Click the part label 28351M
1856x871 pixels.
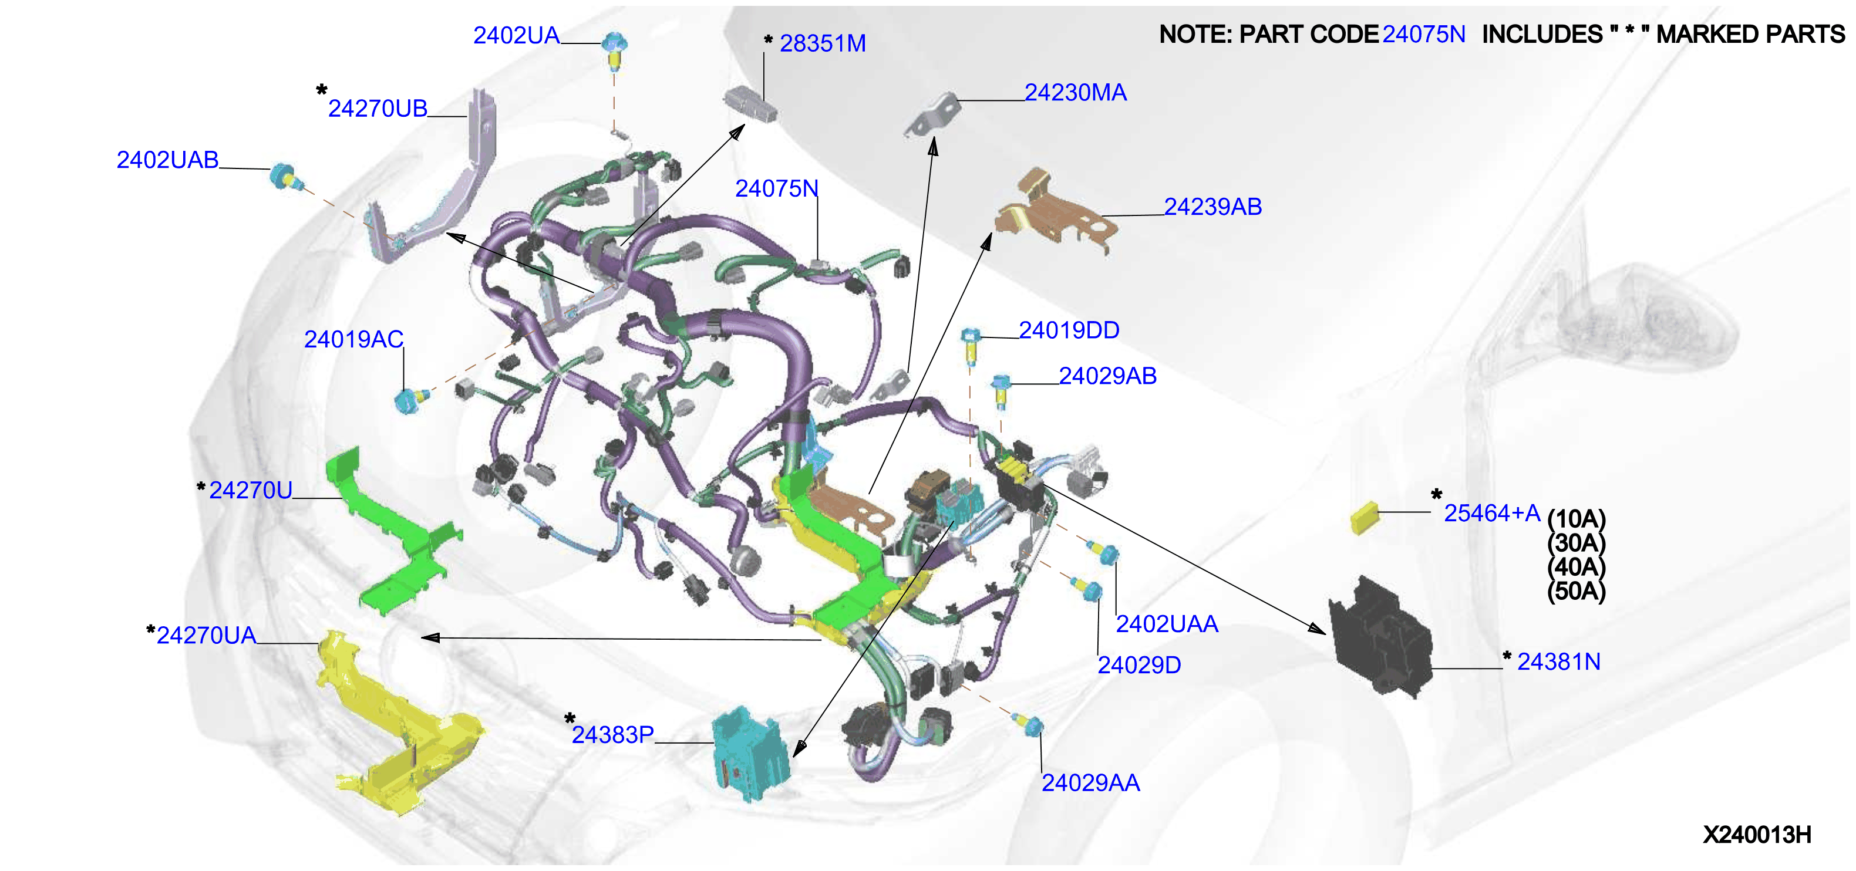(x=822, y=43)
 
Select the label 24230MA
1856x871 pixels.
(x=1075, y=92)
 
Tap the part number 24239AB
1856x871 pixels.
(x=1212, y=207)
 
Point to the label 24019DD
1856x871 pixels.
(x=1069, y=330)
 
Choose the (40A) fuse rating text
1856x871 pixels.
(x=1577, y=566)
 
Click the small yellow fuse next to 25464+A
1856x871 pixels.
(x=1364, y=518)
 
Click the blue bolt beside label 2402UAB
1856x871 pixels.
(x=283, y=176)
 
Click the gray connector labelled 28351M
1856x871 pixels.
(x=751, y=104)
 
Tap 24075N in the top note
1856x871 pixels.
(x=1424, y=34)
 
